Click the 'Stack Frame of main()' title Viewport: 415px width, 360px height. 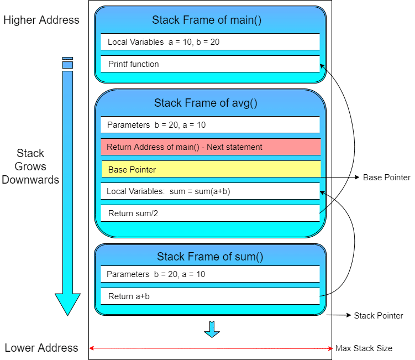tap(207, 20)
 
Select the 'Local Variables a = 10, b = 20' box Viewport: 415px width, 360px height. tap(210, 42)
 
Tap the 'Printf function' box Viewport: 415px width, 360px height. tap(210, 64)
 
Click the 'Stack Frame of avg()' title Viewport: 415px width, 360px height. tap(206, 103)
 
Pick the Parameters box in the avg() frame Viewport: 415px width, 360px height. tap(210, 125)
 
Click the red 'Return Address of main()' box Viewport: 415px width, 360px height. tap(211, 147)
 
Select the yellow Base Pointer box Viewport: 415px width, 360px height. tap(211, 169)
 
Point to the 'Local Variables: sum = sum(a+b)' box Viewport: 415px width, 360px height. tap(210, 191)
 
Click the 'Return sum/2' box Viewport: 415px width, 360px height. tap(210, 213)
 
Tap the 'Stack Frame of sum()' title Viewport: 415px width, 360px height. tap(210, 257)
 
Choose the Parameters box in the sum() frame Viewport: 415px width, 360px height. tap(210, 274)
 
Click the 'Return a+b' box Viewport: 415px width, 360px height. tap(210, 296)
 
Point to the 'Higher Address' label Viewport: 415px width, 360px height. tap(41, 20)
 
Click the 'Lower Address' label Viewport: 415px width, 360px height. tap(41, 348)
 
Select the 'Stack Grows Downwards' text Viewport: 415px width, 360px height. tap(30, 166)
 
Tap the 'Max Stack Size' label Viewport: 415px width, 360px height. tap(364, 348)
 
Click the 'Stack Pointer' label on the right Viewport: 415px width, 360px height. tap(379, 316)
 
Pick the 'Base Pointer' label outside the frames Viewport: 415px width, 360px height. tap(387, 177)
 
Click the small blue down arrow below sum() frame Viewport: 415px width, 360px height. tap(212, 329)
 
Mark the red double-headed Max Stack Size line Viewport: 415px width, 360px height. tap(211, 348)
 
